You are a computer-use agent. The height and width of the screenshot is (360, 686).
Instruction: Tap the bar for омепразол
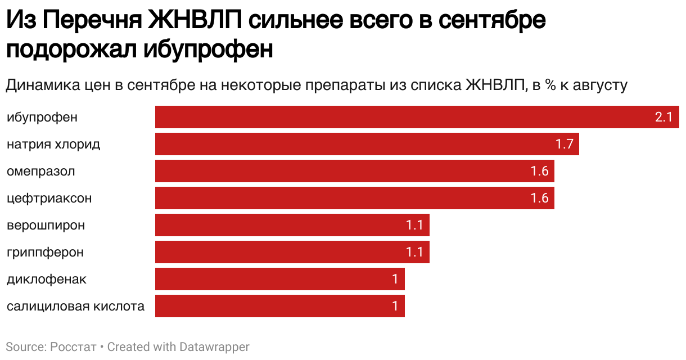354,171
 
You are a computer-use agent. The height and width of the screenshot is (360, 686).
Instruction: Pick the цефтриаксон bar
354,198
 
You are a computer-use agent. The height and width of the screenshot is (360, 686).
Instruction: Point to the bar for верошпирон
292,225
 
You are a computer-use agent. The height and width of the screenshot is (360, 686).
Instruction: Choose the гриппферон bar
292,252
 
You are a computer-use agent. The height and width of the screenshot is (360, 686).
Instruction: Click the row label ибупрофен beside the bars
42,118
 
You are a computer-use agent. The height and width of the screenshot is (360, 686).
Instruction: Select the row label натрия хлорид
53,145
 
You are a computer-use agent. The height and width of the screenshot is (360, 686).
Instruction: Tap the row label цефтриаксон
49,199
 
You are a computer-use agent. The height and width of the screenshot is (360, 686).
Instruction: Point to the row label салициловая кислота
75,307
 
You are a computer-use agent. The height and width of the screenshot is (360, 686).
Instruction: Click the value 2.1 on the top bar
664,118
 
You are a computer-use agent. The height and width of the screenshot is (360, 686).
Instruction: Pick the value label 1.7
564,145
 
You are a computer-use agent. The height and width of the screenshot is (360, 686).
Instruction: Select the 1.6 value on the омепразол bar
539,172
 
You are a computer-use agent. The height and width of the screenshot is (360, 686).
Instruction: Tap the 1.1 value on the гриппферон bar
414,253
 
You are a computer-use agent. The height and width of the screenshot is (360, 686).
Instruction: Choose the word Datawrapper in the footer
214,347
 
